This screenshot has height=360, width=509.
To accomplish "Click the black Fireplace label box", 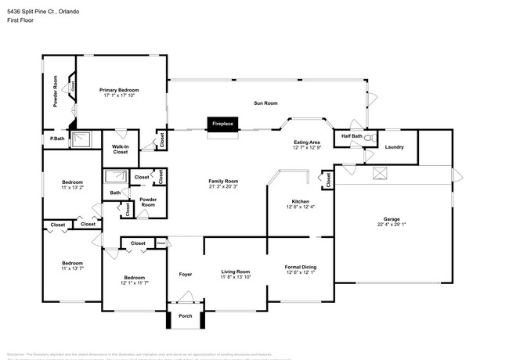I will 223,124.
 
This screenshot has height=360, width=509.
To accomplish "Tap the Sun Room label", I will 265,103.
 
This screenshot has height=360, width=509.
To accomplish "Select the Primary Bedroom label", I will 118,90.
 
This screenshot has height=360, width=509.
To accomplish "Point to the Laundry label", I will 394,146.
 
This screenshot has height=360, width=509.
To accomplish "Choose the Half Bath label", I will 352,135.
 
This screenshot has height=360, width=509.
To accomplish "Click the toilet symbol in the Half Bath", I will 371,139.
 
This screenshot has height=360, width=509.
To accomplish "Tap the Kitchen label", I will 301,200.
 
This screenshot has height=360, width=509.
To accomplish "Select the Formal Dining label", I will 301,266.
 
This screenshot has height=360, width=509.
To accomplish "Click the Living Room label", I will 235,272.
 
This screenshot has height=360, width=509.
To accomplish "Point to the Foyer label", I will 186,275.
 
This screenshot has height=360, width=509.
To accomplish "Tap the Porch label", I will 186,317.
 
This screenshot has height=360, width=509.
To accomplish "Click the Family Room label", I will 223,181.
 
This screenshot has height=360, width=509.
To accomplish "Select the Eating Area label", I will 306,142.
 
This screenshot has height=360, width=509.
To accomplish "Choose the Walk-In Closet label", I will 120,149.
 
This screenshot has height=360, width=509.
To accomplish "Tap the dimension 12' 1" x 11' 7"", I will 134,283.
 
